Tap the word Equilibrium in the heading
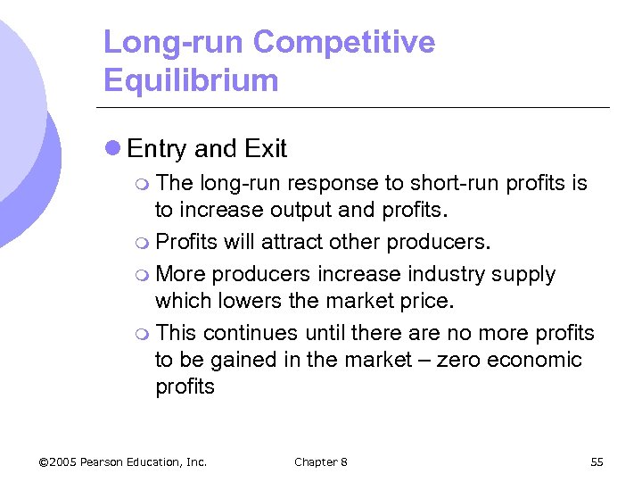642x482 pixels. pyautogui.click(x=191, y=80)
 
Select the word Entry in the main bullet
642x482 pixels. pyautogui.click(x=157, y=148)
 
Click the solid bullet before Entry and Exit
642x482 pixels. pyautogui.click(x=112, y=148)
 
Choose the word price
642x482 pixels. pyautogui.click(x=425, y=301)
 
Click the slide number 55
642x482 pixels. pyautogui.click(x=597, y=461)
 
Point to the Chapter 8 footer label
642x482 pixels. pyautogui.click(x=320, y=461)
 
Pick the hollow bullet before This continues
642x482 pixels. pyautogui.click(x=144, y=333)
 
